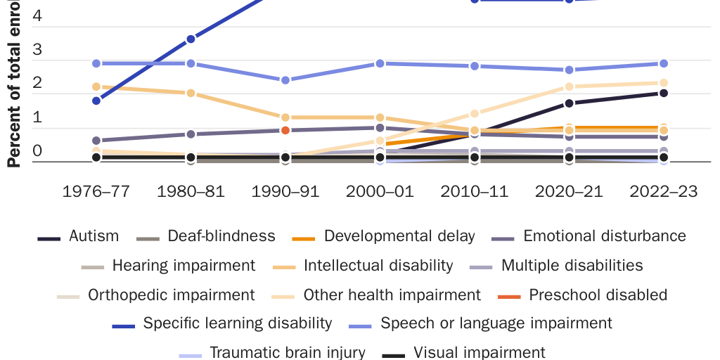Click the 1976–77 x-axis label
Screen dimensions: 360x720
[x=96, y=192]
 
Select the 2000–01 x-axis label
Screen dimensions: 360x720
[x=380, y=192]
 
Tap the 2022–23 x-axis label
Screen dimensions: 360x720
[x=663, y=192]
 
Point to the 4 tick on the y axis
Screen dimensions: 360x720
[x=37, y=15]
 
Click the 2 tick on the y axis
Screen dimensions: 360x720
[x=37, y=83]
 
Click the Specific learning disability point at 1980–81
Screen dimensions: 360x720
[x=191, y=39]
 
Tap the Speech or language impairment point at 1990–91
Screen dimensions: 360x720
[x=285, y=80]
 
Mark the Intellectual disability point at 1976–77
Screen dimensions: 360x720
[x=96, y=86]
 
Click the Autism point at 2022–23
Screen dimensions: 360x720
[x=663, y=93]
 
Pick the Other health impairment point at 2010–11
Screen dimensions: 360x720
[x=474, y=113]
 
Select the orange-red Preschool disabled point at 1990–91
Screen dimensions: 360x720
[x=285, y=130]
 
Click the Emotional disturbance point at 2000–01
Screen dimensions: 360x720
[x=380, y=127]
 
